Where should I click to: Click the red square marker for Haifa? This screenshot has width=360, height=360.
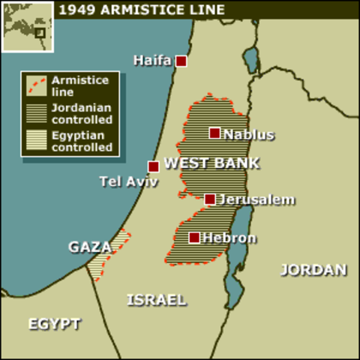pos(181,61)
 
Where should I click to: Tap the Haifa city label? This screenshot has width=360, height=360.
pos(153,60)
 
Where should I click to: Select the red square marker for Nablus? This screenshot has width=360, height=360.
pos(214,133)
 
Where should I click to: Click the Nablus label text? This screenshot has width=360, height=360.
pos(249,135)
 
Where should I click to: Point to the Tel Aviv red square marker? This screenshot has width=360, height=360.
pos(154,166)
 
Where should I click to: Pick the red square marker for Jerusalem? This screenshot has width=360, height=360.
pos(210,199)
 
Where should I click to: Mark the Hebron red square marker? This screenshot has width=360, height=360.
pos(194,238)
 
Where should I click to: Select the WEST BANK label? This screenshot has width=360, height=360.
pos(211,163)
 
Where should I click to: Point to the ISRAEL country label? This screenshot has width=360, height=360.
pos(156,299)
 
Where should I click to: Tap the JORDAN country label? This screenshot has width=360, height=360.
pos(313,270)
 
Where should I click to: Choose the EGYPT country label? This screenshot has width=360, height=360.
pos(54,323)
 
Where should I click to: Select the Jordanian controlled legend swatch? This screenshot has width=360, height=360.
pos(36,112)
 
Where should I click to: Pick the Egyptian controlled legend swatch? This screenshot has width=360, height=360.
pos(36,141)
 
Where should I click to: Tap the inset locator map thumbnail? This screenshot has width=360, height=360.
pos(27,27)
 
